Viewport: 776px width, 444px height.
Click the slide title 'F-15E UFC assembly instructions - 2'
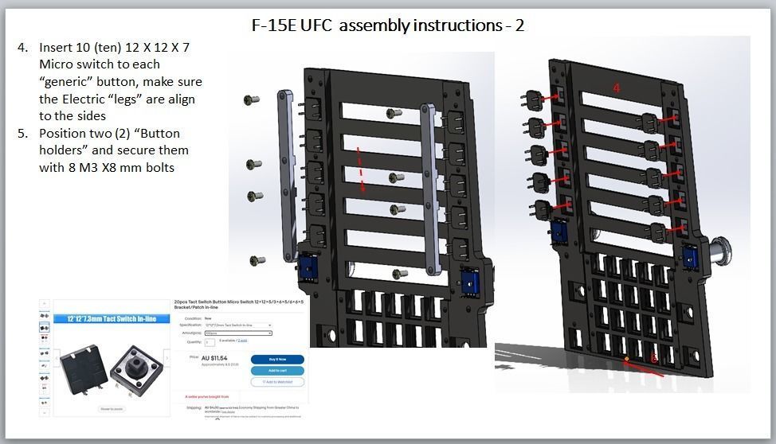pyautogui.click(x=388, y=25)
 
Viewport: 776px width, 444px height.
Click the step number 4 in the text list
pyautogui.click(x=22, y=48)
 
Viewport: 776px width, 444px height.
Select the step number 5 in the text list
pyautogui.click(x=22, y=134)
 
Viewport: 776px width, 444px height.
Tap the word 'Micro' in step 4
pyautogui.click(x=57, y=64)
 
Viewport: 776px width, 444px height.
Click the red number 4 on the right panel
pyautogui.click(x=616, y=88)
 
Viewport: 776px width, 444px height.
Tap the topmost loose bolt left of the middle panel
pyautogui.click(x=252, y=99)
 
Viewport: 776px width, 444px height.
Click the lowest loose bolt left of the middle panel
pyautogui.click(x=257, y=260)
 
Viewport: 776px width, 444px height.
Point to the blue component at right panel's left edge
pyautogui.click(x=558, y=233)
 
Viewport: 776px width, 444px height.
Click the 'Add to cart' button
pyautogui.click(x=276, y=371)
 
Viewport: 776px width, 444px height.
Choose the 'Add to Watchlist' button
pyautogui.click(x=276, y=382)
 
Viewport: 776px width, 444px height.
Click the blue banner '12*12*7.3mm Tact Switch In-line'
pyautogui.click(x=104, y=319)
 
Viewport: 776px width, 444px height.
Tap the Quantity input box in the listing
pyautogui.click(x=210, y=342)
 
